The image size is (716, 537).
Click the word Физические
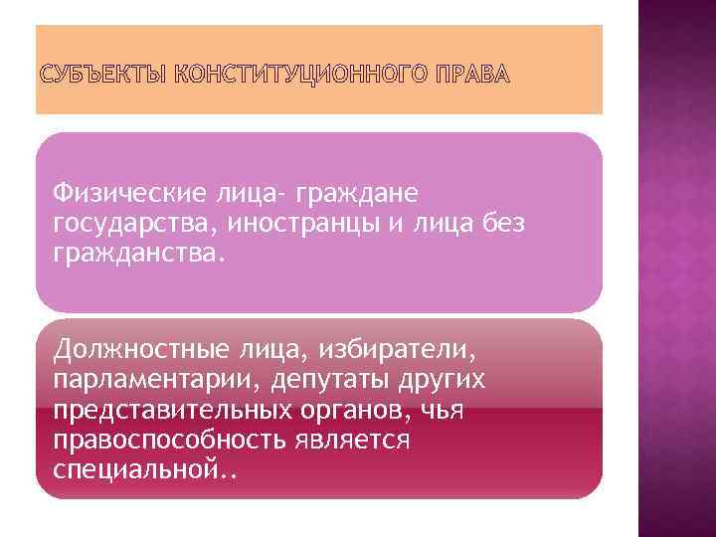point(127,190)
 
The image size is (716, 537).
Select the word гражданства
point(140,254)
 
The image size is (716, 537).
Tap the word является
point(354,441)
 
